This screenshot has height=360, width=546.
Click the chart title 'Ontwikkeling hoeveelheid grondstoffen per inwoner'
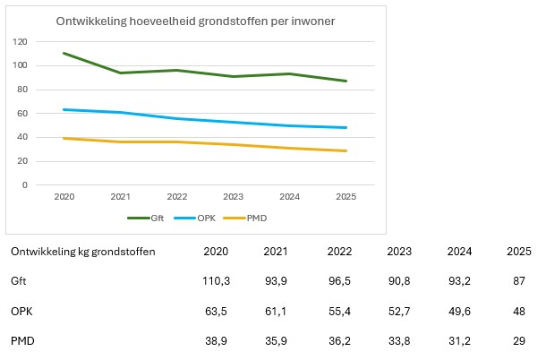(x=195, y=21)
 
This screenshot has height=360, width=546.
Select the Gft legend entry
(x=146, y=219)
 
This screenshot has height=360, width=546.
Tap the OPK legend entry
(x=194, y=219)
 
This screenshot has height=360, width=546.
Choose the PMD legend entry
(x=245, y=219)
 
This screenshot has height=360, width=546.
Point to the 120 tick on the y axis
(x=20, y=42)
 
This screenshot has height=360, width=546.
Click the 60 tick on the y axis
(x=22, y=113)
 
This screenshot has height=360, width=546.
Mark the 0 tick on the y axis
(x=25, y=185)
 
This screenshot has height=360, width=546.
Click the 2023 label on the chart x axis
(x=234, y=196)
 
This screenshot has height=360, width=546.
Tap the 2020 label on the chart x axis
(x=64, y=196)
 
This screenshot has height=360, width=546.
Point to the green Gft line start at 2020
(x=64, y=53)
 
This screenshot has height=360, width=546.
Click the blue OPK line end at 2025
(x=346, y=127)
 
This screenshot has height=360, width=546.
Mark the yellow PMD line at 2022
(x=177, y=141)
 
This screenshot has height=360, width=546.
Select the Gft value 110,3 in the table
(x=217, y=281)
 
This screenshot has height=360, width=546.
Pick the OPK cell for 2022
(x=339, y=312)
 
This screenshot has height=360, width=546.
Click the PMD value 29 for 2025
(x=519, y=341)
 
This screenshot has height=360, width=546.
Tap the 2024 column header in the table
(x=459, y=252)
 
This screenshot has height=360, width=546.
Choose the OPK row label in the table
(x=21, y=312)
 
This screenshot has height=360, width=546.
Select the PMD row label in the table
(x=22, y=341)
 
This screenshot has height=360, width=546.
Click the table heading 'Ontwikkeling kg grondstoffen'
(x=83, y=252)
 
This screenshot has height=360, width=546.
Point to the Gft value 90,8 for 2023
(x=399, y=281)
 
